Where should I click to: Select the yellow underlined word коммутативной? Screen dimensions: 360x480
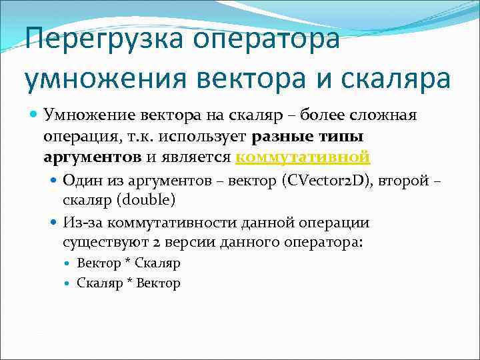click(303, 157)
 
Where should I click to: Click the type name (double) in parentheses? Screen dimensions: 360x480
click(147, 201)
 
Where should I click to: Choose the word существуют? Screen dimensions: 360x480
click(108, 243)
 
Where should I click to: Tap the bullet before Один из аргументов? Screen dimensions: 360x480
click(54, 180)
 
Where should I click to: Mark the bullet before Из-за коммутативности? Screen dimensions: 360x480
click(54, 223)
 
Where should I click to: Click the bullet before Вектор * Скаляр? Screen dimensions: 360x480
click(69, 263)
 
